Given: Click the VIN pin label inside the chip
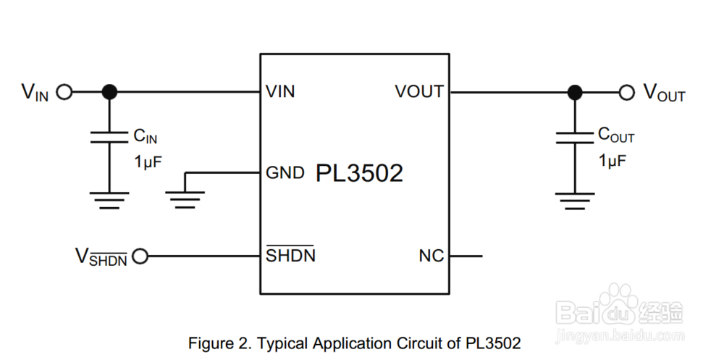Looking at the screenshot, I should point(280,92).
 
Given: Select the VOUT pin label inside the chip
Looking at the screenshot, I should point(419,92).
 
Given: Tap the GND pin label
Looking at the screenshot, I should point(285,173).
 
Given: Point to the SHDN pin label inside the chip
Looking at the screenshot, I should point(290,255).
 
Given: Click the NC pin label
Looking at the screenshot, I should point(432,256).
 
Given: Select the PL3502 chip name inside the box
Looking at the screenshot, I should point(359,173).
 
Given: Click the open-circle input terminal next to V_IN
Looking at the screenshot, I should point(64,92).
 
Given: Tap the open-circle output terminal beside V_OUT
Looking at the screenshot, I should point(627,92).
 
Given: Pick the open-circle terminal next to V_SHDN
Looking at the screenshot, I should point(140,256).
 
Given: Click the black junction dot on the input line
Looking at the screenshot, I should point(109,92).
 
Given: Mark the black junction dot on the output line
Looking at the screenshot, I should point(575,92).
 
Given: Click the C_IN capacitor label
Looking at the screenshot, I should point(146,135).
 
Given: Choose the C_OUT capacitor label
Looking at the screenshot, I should point(616,135).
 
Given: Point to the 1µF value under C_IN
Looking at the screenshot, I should point(148,161).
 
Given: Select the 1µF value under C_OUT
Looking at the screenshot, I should point(613,161).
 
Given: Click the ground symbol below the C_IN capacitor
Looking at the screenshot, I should point(109,199).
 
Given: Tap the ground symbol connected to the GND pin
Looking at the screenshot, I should point(185,199).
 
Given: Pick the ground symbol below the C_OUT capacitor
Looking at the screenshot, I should point(575,199).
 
